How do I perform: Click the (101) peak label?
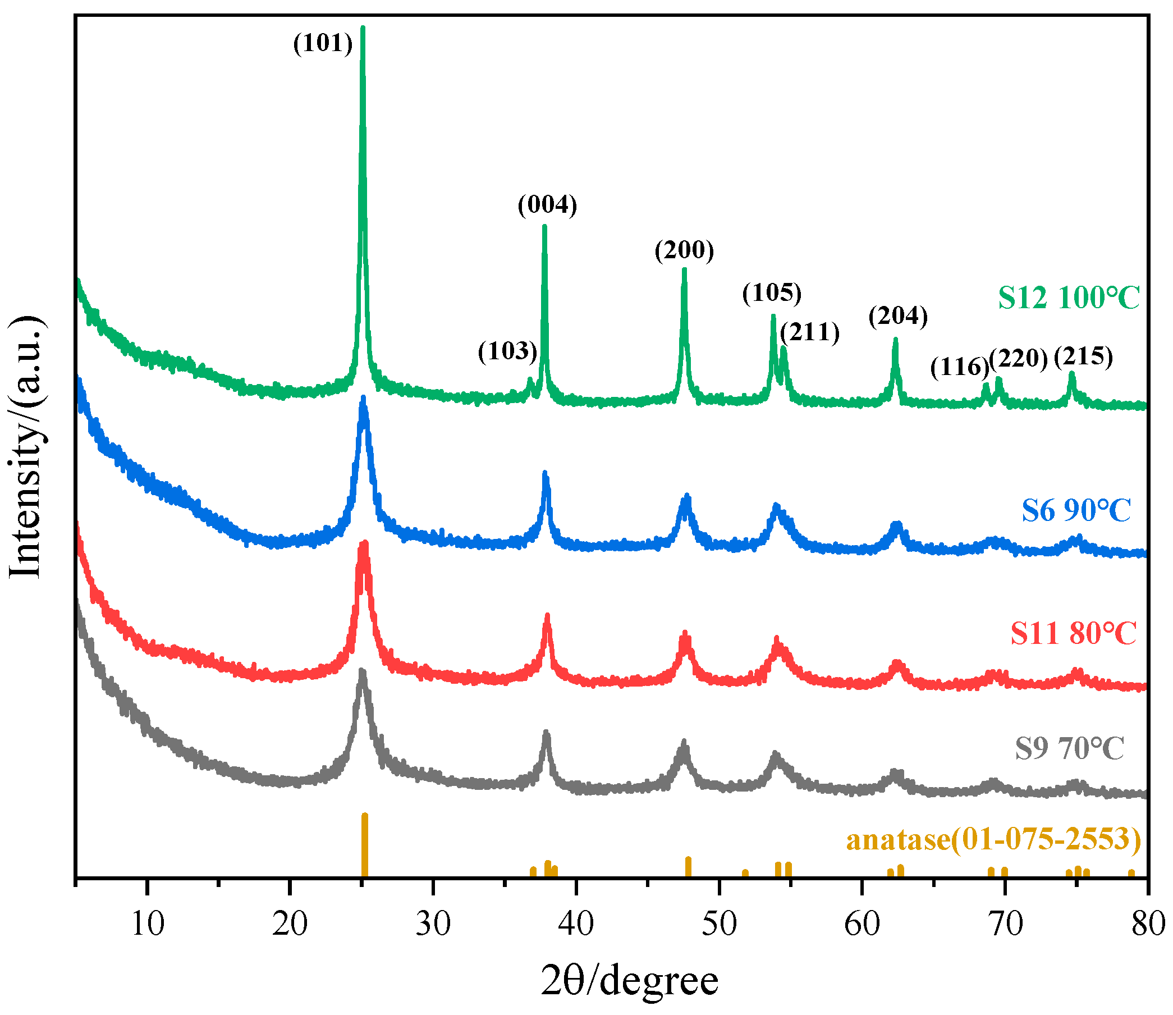click(x=323, y=43)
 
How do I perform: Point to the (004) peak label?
click(x=547, y=204)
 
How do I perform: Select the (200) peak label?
click(x=685, y=250)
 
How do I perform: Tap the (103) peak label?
click(x=507, y=351)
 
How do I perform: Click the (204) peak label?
click(x=899, y=316)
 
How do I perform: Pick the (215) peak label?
click(x=1083, y=356)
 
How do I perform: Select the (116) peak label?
click(x=959, y=367)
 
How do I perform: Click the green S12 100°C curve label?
click(x=1068, y=298)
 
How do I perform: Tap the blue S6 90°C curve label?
click(x=1076, y=510)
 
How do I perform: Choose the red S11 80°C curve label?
click(x=1073, y=633)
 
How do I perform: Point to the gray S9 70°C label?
click(x=1069, y=749)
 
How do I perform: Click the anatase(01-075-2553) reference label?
click(x=993, y=839)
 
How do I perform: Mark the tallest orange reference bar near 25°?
click(x=365, y=844)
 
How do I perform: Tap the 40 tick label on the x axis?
click(x=576, y=925)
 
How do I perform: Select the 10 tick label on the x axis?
click(x=147, y=925)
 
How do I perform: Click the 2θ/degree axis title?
click(x=630, y=981)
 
